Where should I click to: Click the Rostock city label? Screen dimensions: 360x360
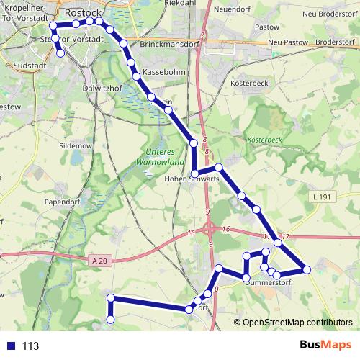click(x=84, y=12)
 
